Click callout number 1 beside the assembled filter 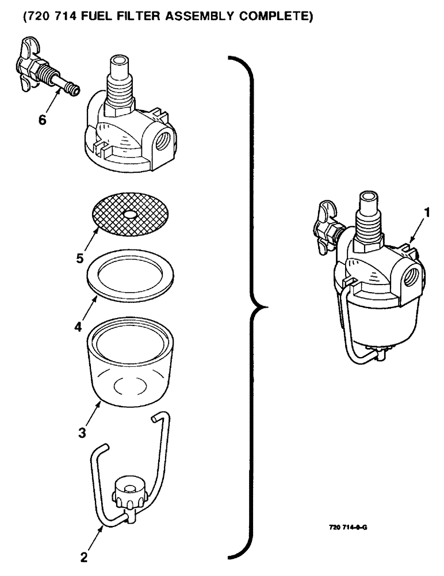pyautogui.click(x=426, y=213)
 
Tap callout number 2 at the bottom pyautogui.click(x=84, y=557)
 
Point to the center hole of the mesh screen pyautogui.click(x=131, y=214)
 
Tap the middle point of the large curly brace pyautogui.click(x=253, y=305)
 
